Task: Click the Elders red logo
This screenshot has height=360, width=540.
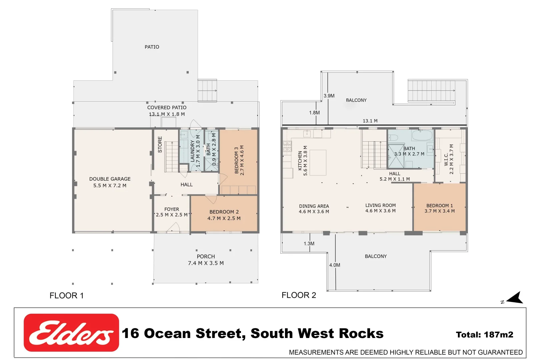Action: pyautogui.click(x=71, y=332)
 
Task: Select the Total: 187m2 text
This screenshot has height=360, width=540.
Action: pyautogui.click(x=484, y=335)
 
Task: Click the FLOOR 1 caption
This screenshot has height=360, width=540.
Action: pyautogui.click(x=66, y=296)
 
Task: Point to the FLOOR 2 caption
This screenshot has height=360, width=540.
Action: pyautogui.click(x=299, y=295)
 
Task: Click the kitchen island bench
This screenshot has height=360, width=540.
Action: pyautogui.click(x=318, y=163)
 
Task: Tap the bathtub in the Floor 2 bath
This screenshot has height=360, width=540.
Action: pyautogui.click(x=422, y=136)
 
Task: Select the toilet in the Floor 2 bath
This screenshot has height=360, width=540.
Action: pyautogui.click(x=393, y=137)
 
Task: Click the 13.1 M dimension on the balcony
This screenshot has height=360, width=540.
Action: pyautogui.click(x=370, y=121)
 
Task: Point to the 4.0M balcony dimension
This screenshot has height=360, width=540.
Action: pyautogui.click(x=335, y=265)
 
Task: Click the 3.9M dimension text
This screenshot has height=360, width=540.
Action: pyautogui.click(x=329, y=96)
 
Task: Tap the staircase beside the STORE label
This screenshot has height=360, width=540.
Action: pyautogui.click(x=172, y=157)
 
